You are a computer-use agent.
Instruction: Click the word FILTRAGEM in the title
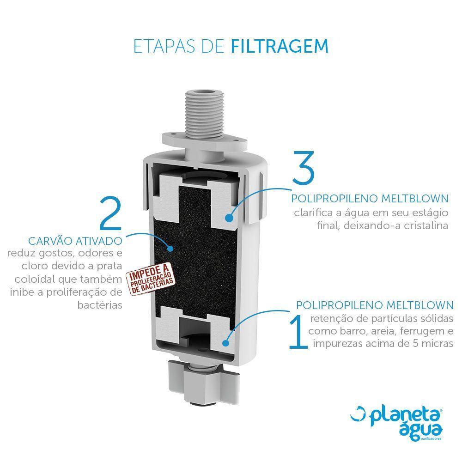point(280,46)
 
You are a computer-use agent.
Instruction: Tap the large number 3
point(304,167)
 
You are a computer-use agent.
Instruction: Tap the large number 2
point(110,213)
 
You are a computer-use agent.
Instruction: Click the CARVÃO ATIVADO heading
point(75,241)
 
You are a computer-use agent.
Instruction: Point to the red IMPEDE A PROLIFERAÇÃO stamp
point(150,279)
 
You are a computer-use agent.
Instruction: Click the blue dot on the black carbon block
point(170,249)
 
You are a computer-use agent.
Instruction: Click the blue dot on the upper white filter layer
point(229,218)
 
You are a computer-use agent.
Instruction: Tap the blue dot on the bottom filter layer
point(226,343)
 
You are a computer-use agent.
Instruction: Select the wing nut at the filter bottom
point(204,383)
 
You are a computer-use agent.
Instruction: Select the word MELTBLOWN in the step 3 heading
point(415,198)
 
